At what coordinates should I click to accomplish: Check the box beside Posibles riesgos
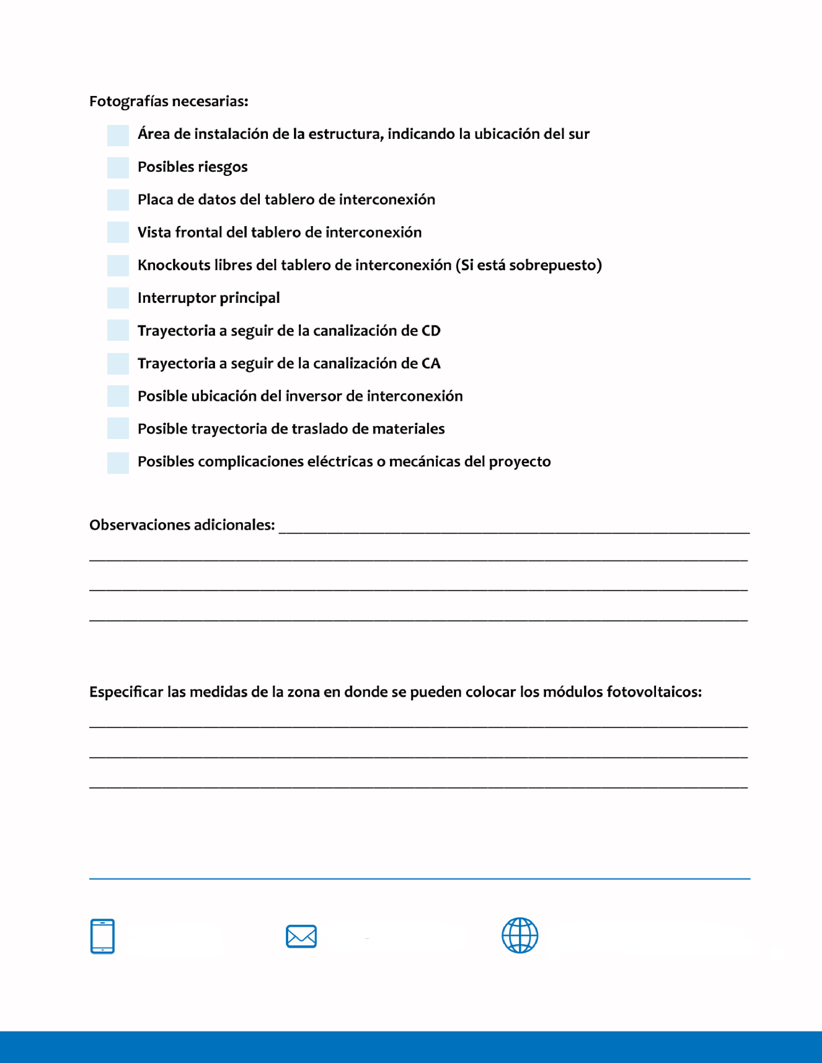(x=118, y=168)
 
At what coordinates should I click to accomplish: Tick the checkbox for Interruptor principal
(x=118, y=298)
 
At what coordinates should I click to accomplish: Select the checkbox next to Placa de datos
(x=118, y=200)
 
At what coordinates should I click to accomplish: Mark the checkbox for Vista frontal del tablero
(x=118, y=232)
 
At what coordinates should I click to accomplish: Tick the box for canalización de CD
(x=118, y=330)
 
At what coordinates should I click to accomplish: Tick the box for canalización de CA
(x=118, y=364)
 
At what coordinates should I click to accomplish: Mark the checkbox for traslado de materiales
(x=118, y=428)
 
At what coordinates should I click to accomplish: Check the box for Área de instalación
(x=118, y=135)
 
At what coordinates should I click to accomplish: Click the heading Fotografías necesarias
(x=169, y=101)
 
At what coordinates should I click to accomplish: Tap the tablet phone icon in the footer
(x=102, y=936)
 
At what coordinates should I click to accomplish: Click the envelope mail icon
(x=301, y=936)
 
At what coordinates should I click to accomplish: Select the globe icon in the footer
(x=520, y=935)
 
